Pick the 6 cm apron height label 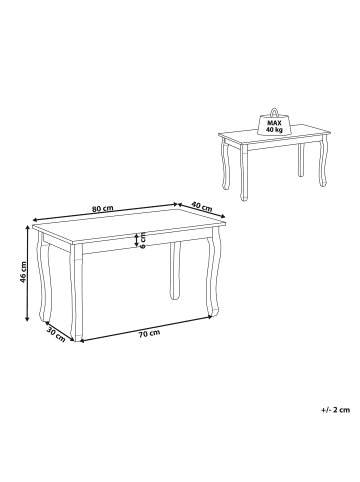pos(143,240)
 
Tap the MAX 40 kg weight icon pos(272,123)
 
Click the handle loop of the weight pos(272,108)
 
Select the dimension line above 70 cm pos(145,324)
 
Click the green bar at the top pos(180,30)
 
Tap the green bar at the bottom pos(180,452)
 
